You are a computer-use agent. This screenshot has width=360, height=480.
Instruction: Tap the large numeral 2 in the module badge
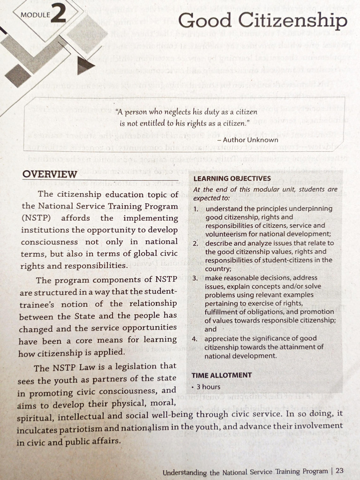59,14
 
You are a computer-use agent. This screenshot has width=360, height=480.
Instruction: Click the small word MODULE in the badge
35,15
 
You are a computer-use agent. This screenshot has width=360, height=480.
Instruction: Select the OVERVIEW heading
50,174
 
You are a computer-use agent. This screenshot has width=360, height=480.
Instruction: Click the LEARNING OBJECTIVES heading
232,179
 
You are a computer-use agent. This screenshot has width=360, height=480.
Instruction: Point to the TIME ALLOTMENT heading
222,375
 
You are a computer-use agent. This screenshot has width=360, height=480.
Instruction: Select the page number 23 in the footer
340,471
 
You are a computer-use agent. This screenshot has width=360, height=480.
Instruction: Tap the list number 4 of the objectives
195,338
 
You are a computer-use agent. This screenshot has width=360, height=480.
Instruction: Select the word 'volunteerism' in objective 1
225,234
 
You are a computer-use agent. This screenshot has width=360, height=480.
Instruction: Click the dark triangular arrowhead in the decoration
85,67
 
